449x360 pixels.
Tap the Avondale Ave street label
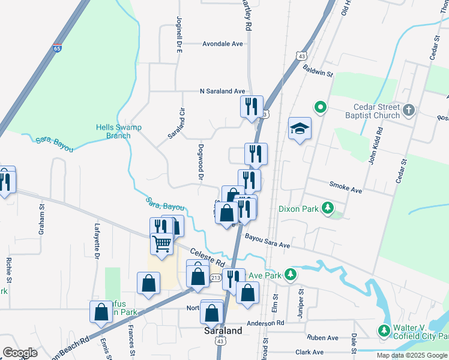click(x=222, y=44)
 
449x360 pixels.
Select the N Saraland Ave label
click(x=223, y=91)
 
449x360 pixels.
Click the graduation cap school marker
click(x=300, y=128)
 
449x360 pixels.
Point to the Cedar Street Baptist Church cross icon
click(x=408, y=110)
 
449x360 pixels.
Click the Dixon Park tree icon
click(x=328, y=208)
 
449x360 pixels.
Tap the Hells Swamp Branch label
click(x=113, y=131)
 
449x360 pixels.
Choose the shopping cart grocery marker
click(x=161, y=244)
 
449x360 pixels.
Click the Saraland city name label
click(x=223, y=331)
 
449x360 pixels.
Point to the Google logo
click(x=20, y=352)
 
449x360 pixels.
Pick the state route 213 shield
click(x=216, y=278)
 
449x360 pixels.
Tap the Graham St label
click(x=42, y=220)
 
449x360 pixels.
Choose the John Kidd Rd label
click(x=375, y=145)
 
